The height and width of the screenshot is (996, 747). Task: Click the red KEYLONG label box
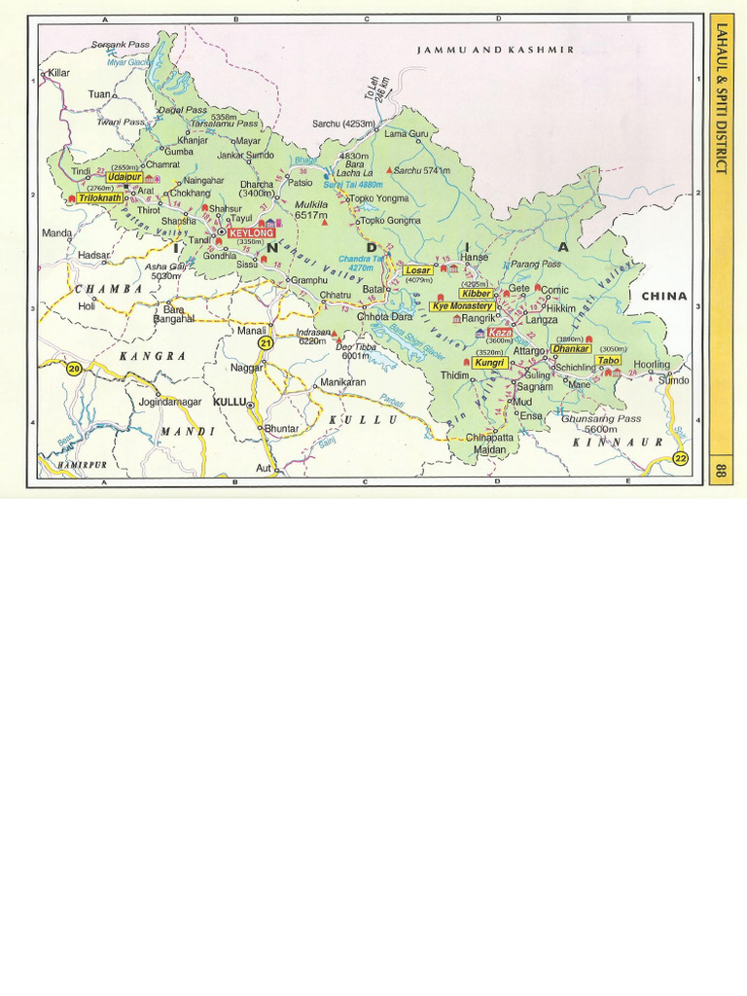(x=250, y=233)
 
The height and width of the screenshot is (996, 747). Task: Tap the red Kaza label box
(x=500, y=332)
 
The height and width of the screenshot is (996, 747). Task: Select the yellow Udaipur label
(x=124, y=177)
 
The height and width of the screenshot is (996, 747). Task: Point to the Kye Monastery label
(x=462, y=305)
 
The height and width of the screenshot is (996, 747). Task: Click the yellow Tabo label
(x=609, y=360)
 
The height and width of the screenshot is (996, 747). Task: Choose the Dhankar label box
(x=571, y=348)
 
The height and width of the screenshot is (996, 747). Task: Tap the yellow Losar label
(x=417, y=270)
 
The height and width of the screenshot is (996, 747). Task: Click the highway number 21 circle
(x=263, y=342)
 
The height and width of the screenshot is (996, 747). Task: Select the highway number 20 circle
(x=73, y=367)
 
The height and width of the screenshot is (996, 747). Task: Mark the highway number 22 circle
(x=680, y=458)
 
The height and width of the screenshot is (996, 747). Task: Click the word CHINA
(x=663, y=296)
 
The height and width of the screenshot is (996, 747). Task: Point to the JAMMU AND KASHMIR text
(x=495, y=49)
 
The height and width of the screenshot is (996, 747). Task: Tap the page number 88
(x=721, y=471)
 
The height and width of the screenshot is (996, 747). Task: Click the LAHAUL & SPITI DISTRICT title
(x=721, y=97)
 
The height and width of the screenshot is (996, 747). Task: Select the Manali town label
(x=251, y=331)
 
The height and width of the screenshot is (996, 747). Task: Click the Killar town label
(x=59, y=73)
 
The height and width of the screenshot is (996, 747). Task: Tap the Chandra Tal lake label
(x=360, y=263)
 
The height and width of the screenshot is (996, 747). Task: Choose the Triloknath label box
(x=100, y=196)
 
